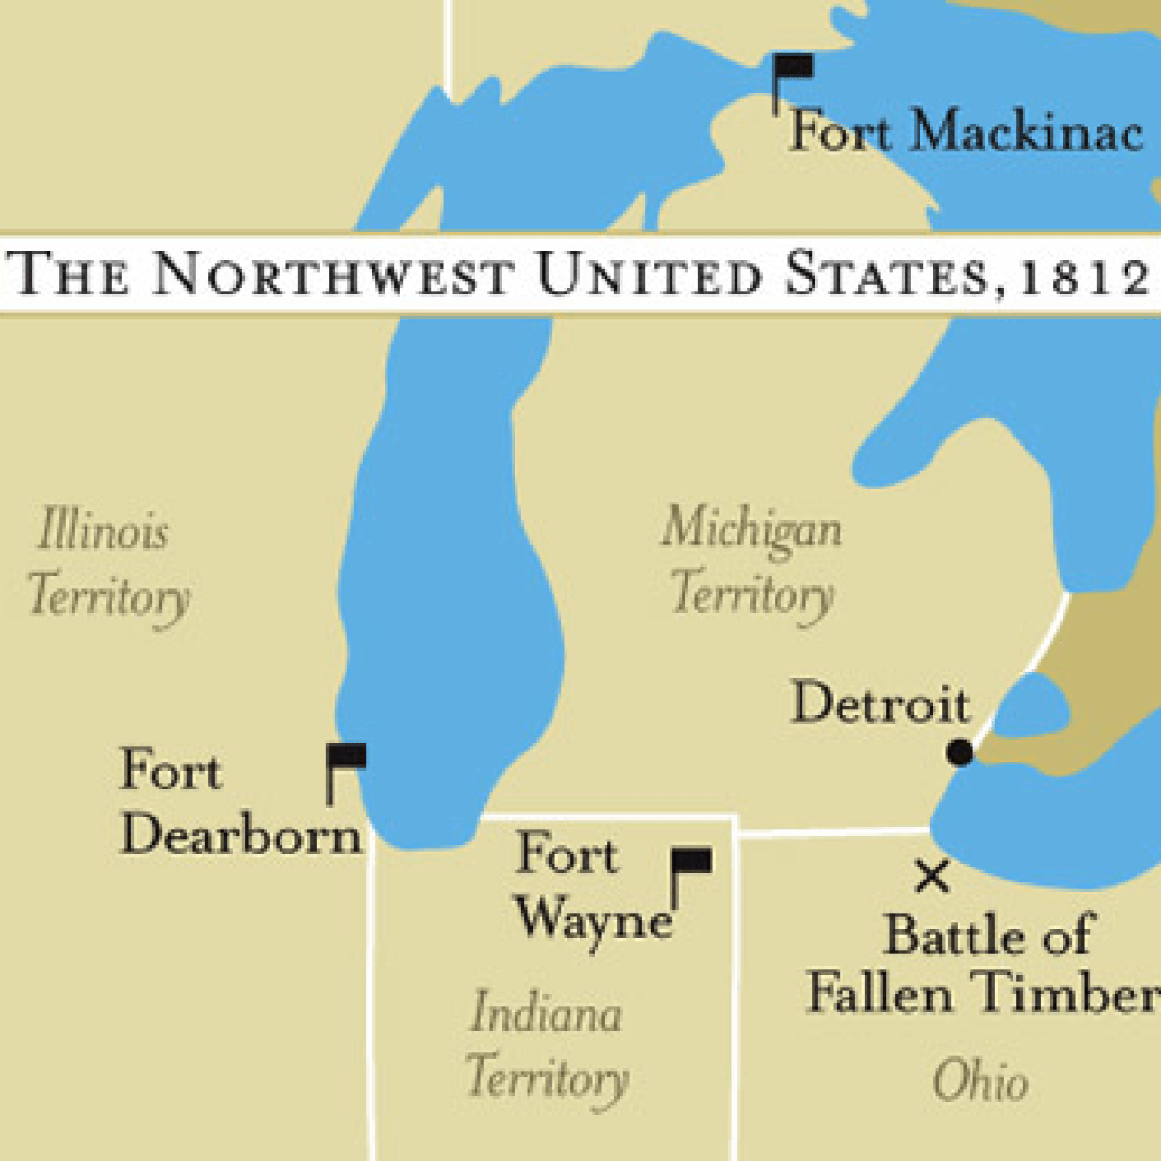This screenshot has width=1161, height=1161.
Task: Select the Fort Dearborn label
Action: coord(240,802)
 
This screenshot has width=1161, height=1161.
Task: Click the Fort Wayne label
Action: coord(593,887)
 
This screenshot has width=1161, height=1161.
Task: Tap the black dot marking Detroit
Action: coord(959,752)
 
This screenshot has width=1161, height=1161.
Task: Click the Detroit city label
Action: coord(880,703)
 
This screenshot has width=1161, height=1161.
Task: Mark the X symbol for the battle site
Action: coord(932,876)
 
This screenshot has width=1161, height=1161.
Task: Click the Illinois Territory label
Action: coord(107,563)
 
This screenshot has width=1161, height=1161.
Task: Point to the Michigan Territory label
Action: coord(752,560)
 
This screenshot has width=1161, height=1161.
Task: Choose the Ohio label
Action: coord(981,1082)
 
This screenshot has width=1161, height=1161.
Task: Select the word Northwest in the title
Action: coord(333,275)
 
